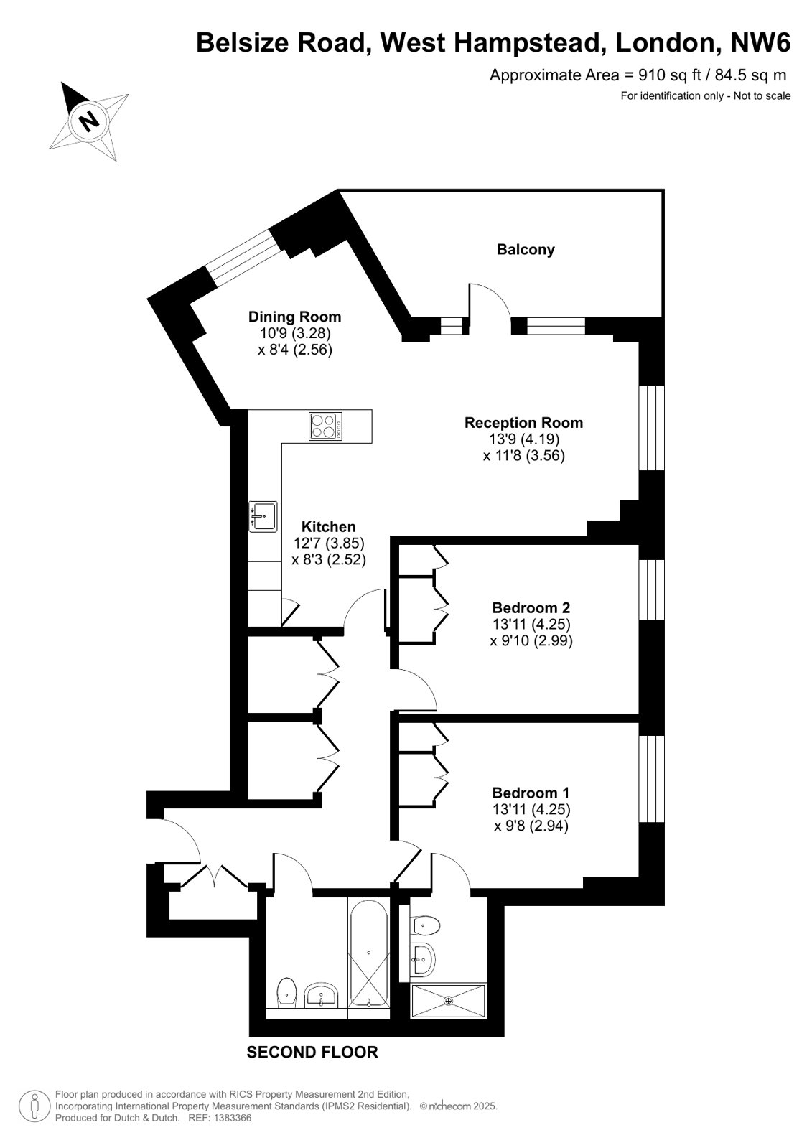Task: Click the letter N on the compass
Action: (x=89, y=121)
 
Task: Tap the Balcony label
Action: (x=526, y=250)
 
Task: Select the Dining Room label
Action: (x=295, y=317)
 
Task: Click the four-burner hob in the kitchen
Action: (x=325, y=426)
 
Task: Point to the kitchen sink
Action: (x=263, y=517)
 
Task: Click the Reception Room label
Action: (x=523, y=423)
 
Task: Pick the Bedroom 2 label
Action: (x=531, y=608)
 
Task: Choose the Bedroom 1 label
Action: (x=531, y=793)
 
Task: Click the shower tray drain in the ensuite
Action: (x=449, y=1000)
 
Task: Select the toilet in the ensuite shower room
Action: (x=426, y=925)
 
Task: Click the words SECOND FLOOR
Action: (x=312, y=1053)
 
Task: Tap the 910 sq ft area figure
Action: (x=670, y=75)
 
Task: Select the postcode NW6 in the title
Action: (x=761, y=42)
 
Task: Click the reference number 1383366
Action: (x=234, y=1119)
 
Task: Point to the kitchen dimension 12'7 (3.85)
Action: (x=329, y=543)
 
